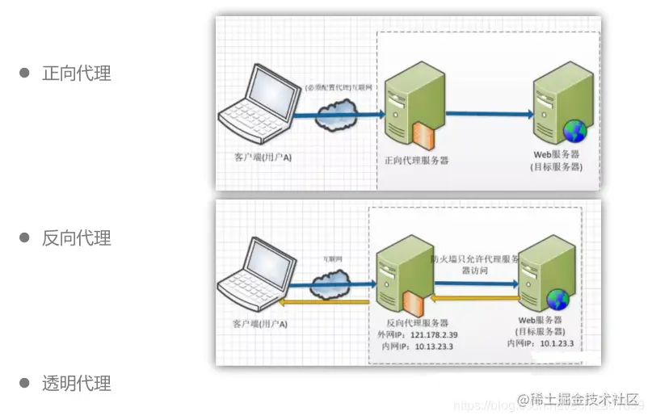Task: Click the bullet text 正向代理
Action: click(x=76, y=73)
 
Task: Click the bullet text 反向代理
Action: click(x=76, y=238)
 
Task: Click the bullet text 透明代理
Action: click(x=76, y=384)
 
